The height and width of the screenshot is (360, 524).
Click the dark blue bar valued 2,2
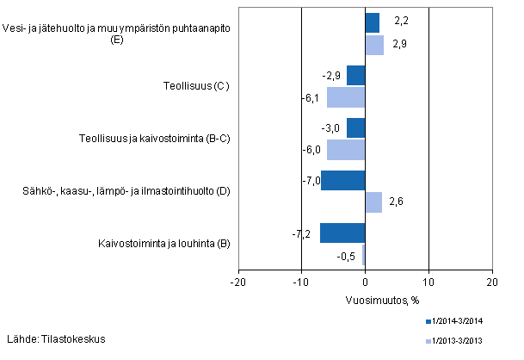[x=373, y=22]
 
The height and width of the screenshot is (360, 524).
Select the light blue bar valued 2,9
[x=374, y=45]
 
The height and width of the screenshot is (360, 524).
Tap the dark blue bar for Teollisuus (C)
[x=356, y=75]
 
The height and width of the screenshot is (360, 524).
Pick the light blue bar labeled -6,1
[x=346, y=97]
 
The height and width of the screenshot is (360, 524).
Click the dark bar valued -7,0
[x=343, y=180]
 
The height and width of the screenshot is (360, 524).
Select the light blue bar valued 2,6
[x=373, y=202]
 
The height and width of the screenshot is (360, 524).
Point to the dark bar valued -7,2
[x=342, y=233]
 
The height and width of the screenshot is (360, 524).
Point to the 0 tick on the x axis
[x=366, y=281]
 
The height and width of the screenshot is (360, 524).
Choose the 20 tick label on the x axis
[x=491, y=281]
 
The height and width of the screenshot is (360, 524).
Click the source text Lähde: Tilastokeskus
[x=56, y=338]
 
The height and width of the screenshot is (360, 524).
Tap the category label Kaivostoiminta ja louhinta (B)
[x=163, y=244]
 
